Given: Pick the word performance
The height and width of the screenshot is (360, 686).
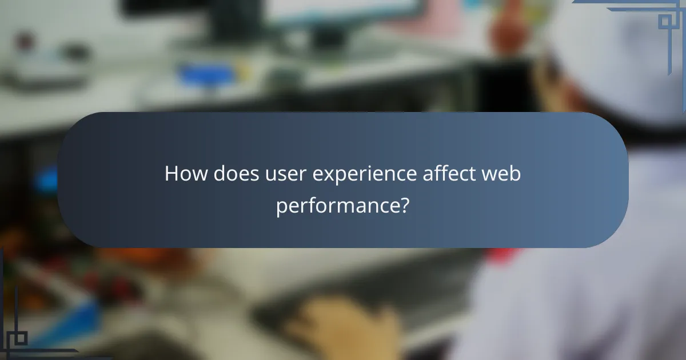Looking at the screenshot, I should click(337, 204).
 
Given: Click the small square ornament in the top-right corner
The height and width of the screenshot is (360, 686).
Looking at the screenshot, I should click(664, 22).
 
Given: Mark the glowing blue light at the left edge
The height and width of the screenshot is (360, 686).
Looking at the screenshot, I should click(46, 180).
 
